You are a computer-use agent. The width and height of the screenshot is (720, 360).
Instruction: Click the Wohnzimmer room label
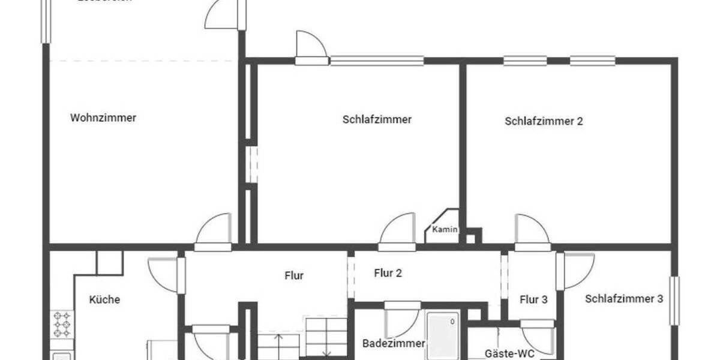(x=103, y=118)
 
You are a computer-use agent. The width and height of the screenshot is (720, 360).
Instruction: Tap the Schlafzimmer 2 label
(x=544, y=121)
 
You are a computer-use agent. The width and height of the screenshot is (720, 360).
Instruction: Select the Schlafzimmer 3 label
(x=624, y=299)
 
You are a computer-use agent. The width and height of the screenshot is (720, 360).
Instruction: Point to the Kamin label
(x=445, y=229)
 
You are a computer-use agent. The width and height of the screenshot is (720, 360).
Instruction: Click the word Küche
(x=104, y=299)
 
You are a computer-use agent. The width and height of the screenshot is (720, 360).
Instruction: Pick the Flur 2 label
(x=388, y=274)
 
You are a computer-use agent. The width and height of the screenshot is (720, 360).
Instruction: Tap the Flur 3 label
(x=533, y=300)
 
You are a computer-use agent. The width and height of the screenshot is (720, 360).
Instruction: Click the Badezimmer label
(x=394, y=344)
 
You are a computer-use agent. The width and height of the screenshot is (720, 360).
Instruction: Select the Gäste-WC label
(x=509, y=353)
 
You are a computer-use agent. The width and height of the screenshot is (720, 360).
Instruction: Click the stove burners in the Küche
(x=62, y=324)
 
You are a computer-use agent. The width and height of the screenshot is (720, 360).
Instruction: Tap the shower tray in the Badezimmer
(x=443, y=336)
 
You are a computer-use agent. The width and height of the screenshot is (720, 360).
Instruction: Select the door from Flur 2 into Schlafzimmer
(x=398, y=233)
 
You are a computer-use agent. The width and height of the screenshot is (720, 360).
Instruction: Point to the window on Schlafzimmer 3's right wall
(x=675, y=301)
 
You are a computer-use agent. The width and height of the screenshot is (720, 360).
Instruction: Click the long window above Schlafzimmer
(x=377, y=61)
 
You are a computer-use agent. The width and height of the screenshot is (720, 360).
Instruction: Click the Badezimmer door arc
(x=401, y=321)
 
